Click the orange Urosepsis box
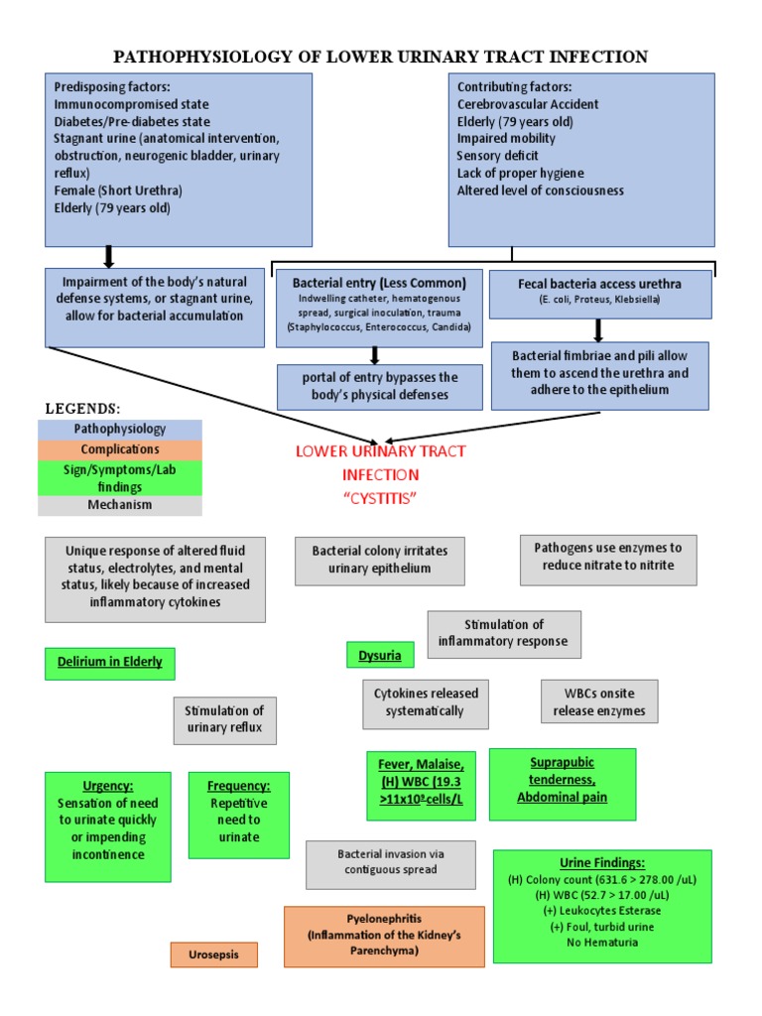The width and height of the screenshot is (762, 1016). (213, 954)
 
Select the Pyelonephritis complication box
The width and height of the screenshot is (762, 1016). (384, 936)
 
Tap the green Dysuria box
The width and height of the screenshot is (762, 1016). (379, 655)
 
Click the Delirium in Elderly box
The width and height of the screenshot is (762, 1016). (110, 662)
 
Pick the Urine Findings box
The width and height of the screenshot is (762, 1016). (601, 906)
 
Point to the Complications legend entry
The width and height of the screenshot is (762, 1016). (120, 448)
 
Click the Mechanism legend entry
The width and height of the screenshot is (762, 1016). (120, 505)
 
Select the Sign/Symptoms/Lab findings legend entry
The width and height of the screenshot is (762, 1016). (120, 477)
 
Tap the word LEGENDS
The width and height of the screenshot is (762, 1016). (83, 409)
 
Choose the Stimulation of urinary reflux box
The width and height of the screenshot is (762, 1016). (225, 720)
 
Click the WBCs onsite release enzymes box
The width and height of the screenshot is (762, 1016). (598, 701)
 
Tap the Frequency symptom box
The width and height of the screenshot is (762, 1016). (239, 815)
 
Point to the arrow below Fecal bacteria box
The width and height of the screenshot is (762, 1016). (598, 329)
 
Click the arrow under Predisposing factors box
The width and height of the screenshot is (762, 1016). (109, 257)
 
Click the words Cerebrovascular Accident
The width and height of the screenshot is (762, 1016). (528, 104)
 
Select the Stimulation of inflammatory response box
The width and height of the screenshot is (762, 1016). (504, 633)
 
